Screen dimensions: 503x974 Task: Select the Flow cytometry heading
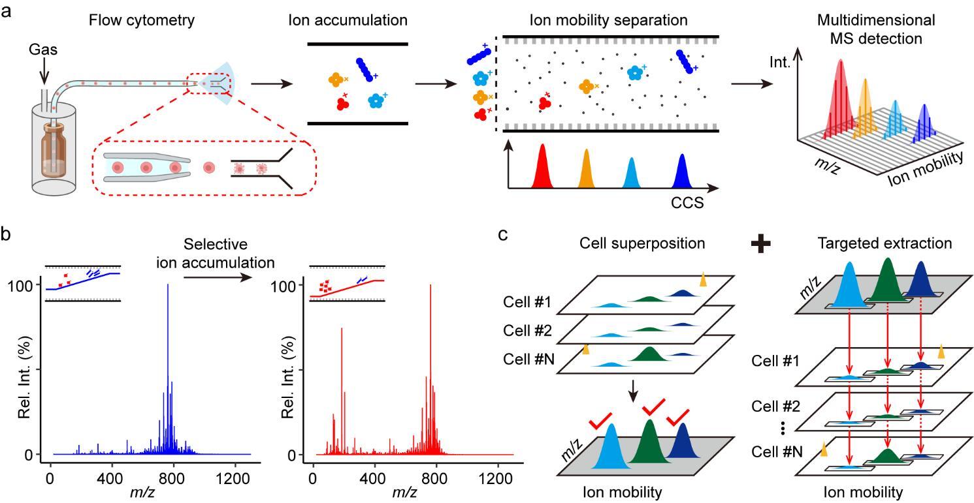pos(142,20)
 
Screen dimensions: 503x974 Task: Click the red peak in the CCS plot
pos(542,169)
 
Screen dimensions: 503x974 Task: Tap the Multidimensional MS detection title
pos(876,29)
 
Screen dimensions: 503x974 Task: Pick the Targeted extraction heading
pos(885,243)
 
